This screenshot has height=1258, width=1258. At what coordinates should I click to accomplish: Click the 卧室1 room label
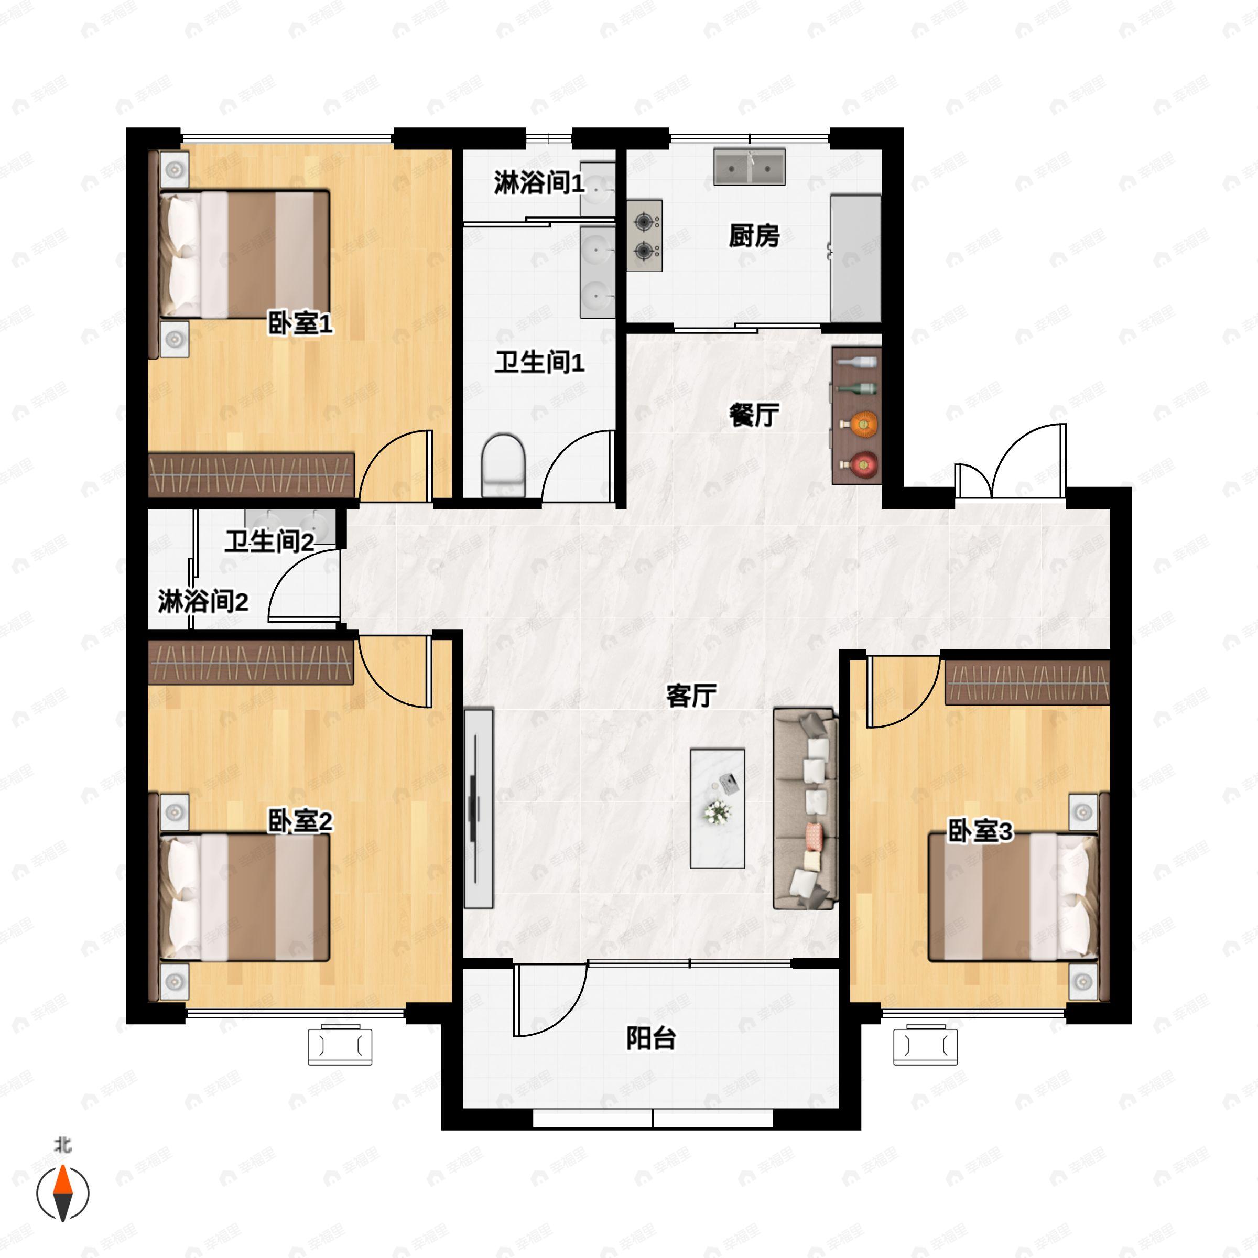click(300, 323)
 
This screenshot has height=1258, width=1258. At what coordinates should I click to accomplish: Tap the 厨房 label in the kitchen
click(754, 236)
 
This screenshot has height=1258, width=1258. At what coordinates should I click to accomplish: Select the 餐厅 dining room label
click(754, 415)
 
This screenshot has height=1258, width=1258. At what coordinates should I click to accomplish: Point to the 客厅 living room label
click(691, 696)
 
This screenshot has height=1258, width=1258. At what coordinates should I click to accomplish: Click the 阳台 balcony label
click(651, 1038)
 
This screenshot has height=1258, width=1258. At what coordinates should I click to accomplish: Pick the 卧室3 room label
click(980, 831)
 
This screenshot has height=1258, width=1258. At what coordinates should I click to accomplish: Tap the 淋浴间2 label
click(203, 601)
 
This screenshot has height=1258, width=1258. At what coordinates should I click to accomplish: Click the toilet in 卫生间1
click(503, 466)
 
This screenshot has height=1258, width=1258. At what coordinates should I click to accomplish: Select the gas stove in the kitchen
click(645, 236)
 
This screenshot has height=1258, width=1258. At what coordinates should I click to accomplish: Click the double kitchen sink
click(750, 167)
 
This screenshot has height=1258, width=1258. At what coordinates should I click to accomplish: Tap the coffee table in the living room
click(718, 808)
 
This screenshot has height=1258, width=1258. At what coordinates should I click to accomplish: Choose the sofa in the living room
click(805, 809)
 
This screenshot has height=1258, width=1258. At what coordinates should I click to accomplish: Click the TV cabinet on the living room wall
click(479, 808)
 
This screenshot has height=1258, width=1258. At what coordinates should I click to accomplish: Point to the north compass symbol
click(62, 1193)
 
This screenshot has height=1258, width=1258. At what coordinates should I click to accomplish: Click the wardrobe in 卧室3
click(1027, 682)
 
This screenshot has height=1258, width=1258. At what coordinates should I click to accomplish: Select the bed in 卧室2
click(244, 898)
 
